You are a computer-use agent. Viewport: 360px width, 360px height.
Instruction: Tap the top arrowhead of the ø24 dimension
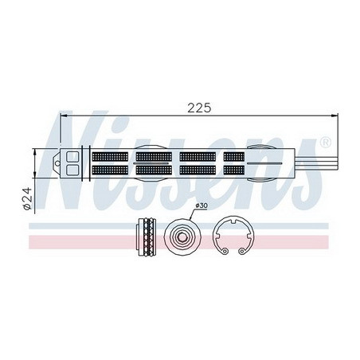(x=35, y=149)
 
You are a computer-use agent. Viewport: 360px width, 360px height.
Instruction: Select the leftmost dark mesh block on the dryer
(x=111, y=162)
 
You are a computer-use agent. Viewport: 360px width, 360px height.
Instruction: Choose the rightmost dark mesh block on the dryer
(x=234, y=162)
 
